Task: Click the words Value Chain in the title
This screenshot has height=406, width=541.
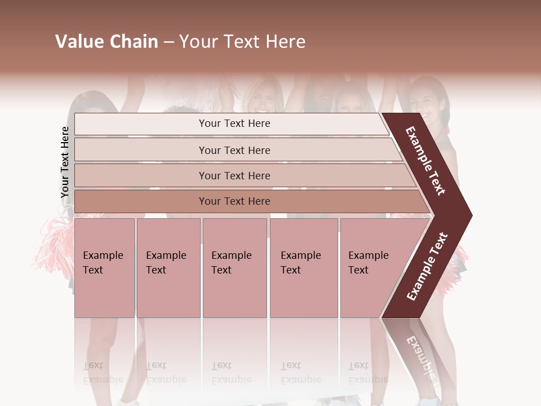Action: pos(107,42)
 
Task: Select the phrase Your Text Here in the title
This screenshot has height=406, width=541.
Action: pos(242,42)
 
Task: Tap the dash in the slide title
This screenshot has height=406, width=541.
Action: pos(168,42)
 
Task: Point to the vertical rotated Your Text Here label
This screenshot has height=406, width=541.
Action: pos(65,162)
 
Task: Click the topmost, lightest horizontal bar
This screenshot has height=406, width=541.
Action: pos(234,123)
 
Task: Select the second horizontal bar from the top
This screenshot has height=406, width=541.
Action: pos(234,150)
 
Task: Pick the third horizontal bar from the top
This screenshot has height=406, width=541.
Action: pos(234,175)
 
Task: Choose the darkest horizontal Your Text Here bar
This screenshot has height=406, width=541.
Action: pos(234,201)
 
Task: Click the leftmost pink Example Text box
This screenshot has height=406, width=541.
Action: pos(104,267)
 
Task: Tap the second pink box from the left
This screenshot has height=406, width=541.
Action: pos(168,267)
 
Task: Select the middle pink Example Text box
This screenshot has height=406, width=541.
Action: pos(234,267)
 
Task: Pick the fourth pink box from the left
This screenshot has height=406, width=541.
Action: pos(303,267)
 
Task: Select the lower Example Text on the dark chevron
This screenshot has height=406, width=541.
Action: pos(427,267)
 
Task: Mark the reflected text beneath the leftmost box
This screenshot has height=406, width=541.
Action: pos(103,373)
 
